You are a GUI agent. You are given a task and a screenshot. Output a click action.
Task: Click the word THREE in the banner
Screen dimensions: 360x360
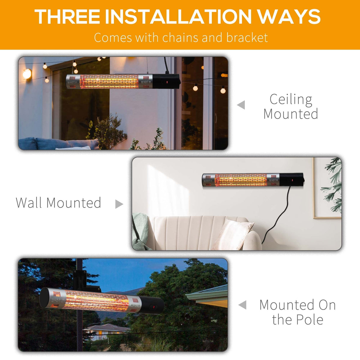click(x=67, y=16)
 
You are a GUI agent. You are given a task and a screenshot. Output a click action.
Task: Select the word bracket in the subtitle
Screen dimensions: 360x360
click(x=247, y=37)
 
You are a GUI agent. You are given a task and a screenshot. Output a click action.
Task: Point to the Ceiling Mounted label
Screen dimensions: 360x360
click(x=291, y=106)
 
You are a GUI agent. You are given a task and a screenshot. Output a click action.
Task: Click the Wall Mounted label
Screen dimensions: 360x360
click(x=58, y=203)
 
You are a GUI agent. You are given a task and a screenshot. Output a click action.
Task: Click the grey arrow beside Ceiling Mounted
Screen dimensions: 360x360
click(x=241, y=105)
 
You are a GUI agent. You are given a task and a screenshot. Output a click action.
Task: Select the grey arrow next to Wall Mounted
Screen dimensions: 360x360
click(x=119, y=204)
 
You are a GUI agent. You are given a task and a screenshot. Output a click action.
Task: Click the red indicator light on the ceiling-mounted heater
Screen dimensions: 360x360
click(x=167, y=82)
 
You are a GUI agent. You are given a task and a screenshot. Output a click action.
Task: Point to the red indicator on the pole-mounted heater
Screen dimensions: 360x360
click(x=154, y=307)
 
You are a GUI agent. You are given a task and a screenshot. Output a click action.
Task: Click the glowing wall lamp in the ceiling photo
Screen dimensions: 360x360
click(x=27, y=74)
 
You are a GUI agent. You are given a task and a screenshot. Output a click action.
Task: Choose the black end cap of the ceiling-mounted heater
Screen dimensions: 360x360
click(x=166, y=81)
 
